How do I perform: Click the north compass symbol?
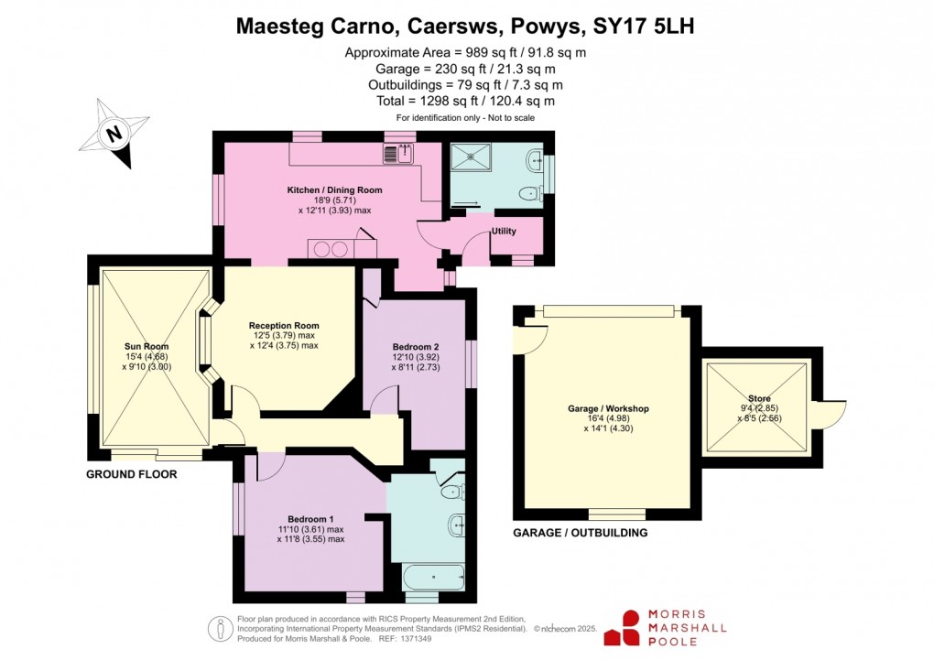point(114,135)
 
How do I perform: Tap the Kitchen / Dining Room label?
point(334,190)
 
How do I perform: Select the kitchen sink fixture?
point(401,153)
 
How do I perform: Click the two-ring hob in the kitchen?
point(331,247)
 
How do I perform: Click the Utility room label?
point(504,232)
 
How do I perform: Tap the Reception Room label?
point(284,325)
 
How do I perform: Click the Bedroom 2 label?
point(416,347)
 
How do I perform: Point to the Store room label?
point(758,398)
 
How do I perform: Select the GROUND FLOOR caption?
point(131,474)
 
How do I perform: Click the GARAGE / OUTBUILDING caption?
point(581,533)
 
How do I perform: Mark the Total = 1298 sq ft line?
point(465,101)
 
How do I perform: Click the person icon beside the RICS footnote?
point(220,628)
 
